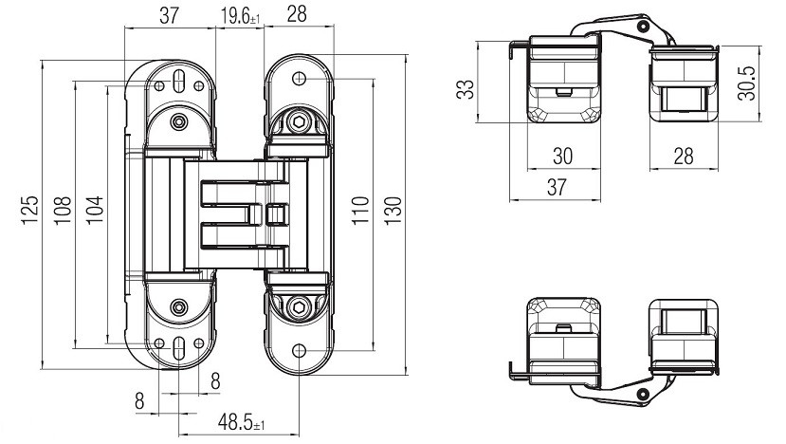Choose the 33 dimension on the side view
pyautogui.click(x=465, y=90)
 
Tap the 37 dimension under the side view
pyautogui.click(x=557, y=187)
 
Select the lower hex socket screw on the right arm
pyautogui.click(x=299, y=306)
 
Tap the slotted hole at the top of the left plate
pyautogui.click(x=178, y=81)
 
